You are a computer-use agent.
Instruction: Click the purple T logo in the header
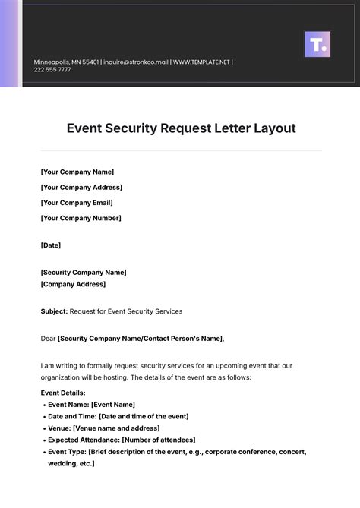click(317, 44)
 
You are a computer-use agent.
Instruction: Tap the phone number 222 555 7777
click(52, 70)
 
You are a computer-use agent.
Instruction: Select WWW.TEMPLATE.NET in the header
click(201, 62)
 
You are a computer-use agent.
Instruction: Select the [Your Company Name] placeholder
click(77, 172)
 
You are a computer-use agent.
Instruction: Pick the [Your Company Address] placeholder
click(81, 188)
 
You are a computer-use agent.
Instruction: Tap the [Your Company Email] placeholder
click(77, 203)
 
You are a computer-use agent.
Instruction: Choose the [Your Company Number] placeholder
click(81, 218)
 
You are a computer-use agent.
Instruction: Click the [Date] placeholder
click(50, 245)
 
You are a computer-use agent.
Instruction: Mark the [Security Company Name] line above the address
click(84, 272)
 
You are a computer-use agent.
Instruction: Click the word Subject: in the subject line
click(54, 311)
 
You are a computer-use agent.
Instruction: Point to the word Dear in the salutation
click(48, 339)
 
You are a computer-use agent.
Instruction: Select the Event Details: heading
click(63, 393)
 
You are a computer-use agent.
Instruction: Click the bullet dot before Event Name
click(43, 405)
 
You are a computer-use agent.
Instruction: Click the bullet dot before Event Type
click(43, 452)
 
